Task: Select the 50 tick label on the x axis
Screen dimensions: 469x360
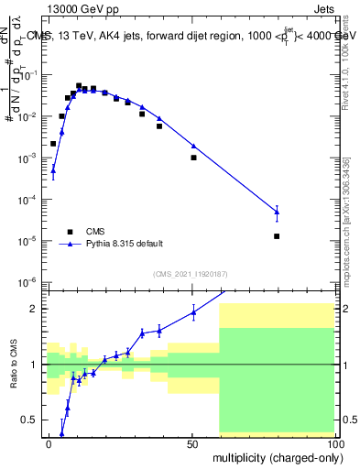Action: coord(193,443)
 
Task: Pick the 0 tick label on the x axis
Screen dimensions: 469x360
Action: coord(49,443)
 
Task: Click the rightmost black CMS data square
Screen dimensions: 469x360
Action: coord(277,236)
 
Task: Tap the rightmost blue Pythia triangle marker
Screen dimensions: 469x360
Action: coord(277,212)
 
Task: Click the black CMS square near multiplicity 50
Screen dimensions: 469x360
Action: coord(193,158)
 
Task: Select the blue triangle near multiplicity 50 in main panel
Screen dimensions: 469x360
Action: coord(193,146)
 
